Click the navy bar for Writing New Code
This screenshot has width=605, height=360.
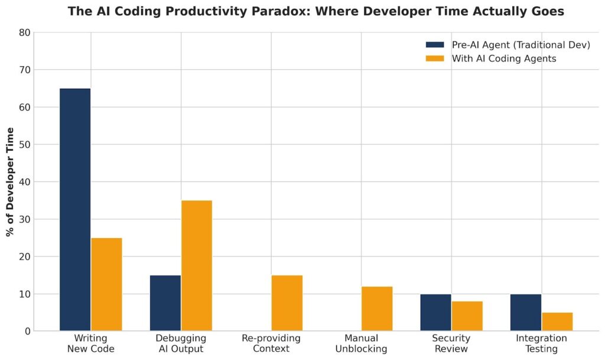pyautogui.click(x=75, y=210)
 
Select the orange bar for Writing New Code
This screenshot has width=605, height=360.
pyautogui.click(x=106, y=284)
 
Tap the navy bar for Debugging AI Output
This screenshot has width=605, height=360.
pyautogui.click(x=165, y=303)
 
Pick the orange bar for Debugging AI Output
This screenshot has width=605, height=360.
pyautogui.click(x=197, y=266)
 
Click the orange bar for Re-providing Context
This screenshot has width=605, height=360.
pyautogui.click(x=287, y=303)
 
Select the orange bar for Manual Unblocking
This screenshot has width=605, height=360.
pyautogui.click(x=377, y=309)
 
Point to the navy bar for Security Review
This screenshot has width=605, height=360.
pyautogui.click(x=435, y=313)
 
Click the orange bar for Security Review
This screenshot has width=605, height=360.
pyautogui.click(x=467, y=316)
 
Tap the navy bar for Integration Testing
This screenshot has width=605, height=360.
pyautogui.click(x=526, y=313)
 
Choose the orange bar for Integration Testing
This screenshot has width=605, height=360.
pyautogui.click(x=557, y=322)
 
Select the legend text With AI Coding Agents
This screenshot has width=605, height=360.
pyautogui.click(x=504, y=59)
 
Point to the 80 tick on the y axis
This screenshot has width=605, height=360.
pyautogui.click(x=24, y=33)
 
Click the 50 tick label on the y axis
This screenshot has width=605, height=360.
pyautogui.click(x=24, y=145)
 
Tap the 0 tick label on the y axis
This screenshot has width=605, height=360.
pyautogui.click(x=27, y=332)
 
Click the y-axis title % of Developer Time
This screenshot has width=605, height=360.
pyautogui.click(x=10, y=181)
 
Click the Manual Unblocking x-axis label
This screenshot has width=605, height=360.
pyautogui.click(x=361, y=343)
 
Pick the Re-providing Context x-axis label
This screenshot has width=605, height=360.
pyautogui.click(x=271, y=343)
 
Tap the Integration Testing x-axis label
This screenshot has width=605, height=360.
pyautogui.click(x=541, y=343)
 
